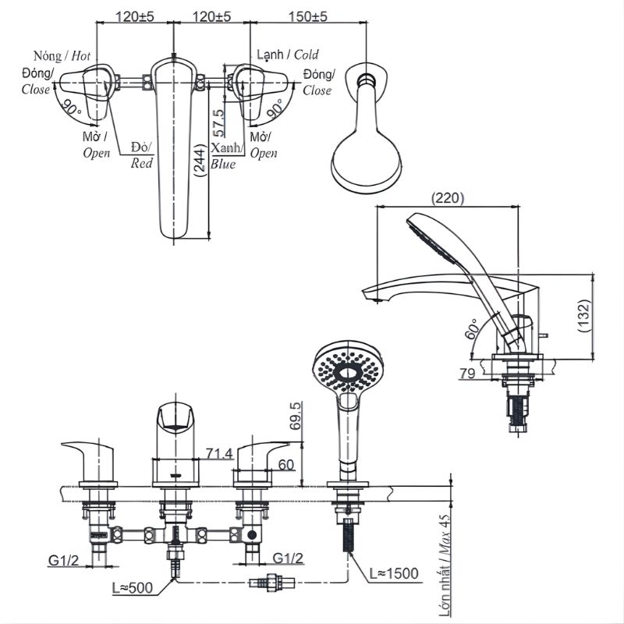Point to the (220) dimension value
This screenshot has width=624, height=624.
(447, 199)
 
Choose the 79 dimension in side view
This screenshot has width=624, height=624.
(466, 374)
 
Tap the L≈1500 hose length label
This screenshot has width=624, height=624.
(394, 574)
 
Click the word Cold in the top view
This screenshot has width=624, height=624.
(306, 55)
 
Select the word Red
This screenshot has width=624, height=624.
(141, 163)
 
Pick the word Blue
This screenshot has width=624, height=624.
(222, 164)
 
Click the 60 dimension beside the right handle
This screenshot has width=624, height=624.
(285, 465)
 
